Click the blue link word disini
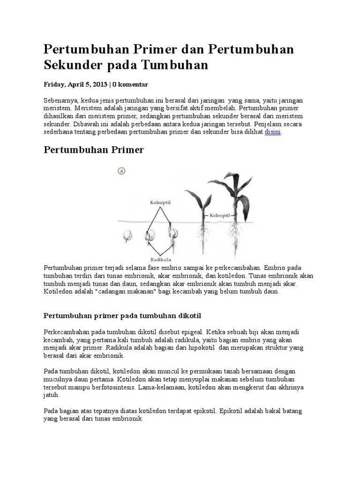click(273, 132)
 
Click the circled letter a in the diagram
click(121, 171)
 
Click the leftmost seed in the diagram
click(127, 236)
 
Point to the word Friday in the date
click(54, 84)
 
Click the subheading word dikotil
click(188, 315)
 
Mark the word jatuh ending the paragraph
click(51, 395)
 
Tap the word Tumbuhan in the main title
click(174, 65)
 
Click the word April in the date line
click(76, 84)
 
